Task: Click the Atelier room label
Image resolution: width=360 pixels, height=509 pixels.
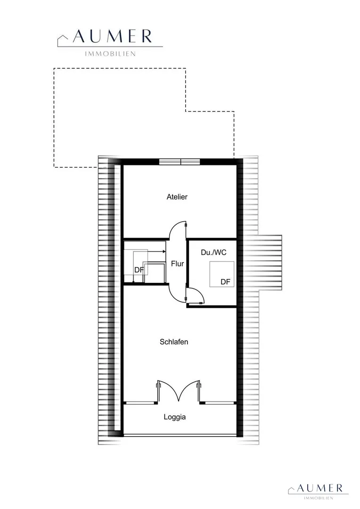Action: [177, 197]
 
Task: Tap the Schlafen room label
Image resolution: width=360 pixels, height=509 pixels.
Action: [174, 342]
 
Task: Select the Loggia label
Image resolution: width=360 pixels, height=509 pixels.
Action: [175, 417]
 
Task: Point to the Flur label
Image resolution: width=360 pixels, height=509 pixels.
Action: [177, 264]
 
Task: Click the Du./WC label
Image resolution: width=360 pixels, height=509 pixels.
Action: [213, 252]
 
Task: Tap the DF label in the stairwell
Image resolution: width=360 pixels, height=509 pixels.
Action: [139, 270]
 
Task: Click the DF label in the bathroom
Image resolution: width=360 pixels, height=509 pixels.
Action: [225, 282]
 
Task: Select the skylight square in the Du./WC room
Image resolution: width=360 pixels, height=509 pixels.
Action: [222, 274]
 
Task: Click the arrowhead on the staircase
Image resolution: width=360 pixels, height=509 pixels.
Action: [164, 251]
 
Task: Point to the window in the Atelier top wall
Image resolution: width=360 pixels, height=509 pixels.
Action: [180, 162]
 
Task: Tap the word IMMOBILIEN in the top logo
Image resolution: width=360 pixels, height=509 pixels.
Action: [110, 54]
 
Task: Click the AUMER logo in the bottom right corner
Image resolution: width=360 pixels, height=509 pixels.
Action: [318, 491]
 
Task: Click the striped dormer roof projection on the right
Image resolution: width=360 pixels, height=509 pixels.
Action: [270, 263]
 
